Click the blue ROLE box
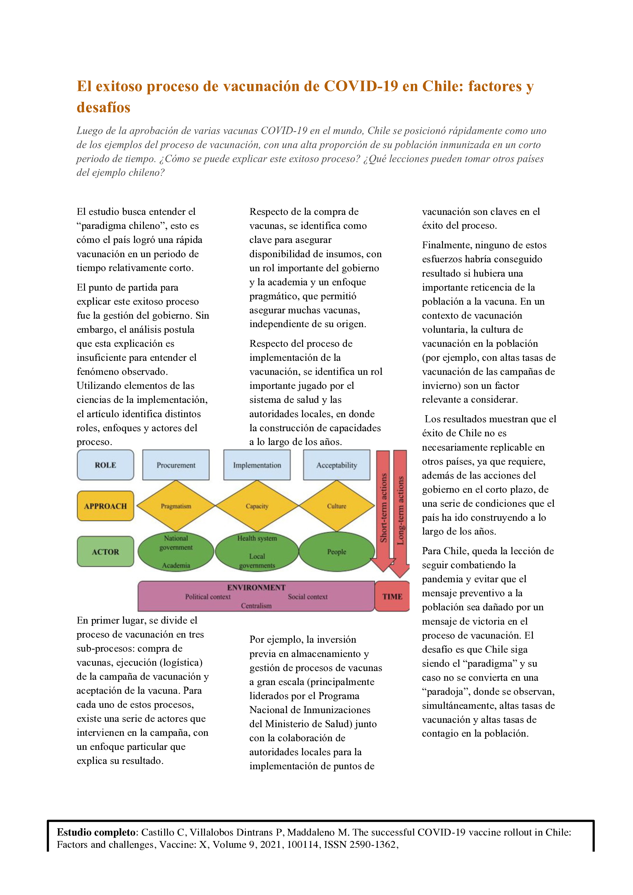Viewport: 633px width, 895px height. click(105, 465)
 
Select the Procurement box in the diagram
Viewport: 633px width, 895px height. click(176, 465)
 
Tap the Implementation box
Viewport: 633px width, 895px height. click(257, 465)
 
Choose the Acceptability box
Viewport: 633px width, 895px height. click(337, 465)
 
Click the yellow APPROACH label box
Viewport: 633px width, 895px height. click(105, 506)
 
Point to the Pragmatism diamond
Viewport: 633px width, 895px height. click(176, 506)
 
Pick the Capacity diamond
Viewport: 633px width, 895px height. click(257, 506)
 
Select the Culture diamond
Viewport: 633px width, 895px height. click(337, 506)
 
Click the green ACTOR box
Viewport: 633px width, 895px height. click(105, 552)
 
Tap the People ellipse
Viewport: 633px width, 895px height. click(337, 552)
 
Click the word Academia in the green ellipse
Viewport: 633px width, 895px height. click(176, 565)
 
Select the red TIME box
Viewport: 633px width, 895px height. click(392, 596)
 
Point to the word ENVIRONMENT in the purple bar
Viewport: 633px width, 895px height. click(256, 588)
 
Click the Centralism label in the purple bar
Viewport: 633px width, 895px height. click(256, 606)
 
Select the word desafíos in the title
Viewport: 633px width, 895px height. click(103, 108)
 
